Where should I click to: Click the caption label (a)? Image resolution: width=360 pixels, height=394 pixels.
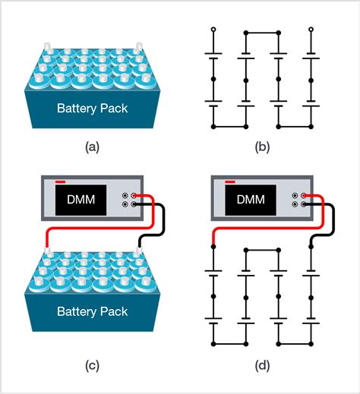click(x=93, y=147)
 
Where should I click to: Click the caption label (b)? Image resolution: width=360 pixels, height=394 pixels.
click(x=262, y=147)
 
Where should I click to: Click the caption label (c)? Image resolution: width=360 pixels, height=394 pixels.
click(x=93, y=366)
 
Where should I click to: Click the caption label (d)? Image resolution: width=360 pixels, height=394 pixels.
click(x=262, y=366)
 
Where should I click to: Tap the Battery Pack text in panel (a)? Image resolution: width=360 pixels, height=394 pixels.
click(x=93, y=108)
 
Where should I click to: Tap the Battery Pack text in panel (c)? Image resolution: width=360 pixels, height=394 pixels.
click(x=93, y=312)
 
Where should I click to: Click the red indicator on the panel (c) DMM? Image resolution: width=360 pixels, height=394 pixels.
click(x=60, y=182)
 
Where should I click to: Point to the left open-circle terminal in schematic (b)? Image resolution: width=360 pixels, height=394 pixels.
click(x=213, y=30)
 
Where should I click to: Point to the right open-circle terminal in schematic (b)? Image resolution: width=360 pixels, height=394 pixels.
click(x=311, y=30)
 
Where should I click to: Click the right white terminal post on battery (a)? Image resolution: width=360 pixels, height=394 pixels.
click(x=138, y=47)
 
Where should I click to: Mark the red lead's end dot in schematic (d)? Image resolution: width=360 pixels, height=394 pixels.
click(x=213, y=248)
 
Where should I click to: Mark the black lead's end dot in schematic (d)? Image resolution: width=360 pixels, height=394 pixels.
click(x=311, y=248)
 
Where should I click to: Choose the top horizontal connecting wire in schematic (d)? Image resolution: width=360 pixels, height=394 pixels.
click(x=262, y=248)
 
